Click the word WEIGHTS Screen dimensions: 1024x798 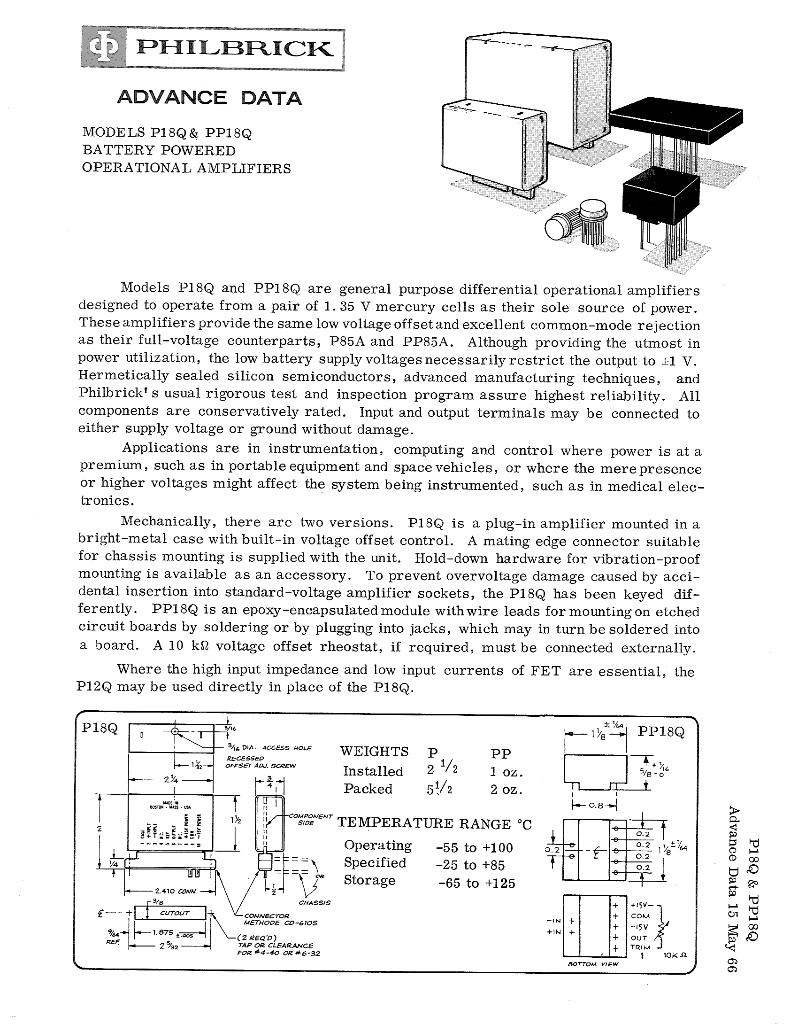[x=374, y=752]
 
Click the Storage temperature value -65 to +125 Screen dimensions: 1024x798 [x=476, y=883]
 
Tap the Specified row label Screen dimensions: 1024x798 [x=375, y=862]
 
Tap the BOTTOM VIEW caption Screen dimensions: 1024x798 [x=593, y=964]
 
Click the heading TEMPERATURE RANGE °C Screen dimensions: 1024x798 [x=435, y=824]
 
